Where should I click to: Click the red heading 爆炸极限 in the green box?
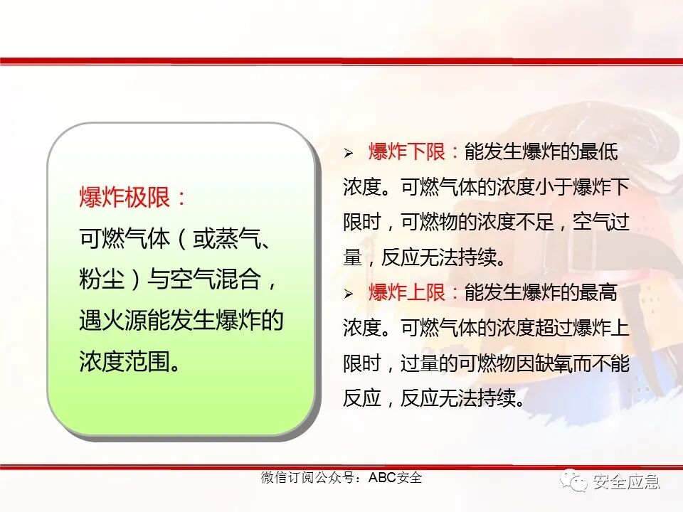click(x=125, y=198)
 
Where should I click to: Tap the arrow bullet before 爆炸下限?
click(x=349, y=153)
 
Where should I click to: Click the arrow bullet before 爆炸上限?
click(x=349, y=294)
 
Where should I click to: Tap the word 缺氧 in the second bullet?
click(x=533, y=363)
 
